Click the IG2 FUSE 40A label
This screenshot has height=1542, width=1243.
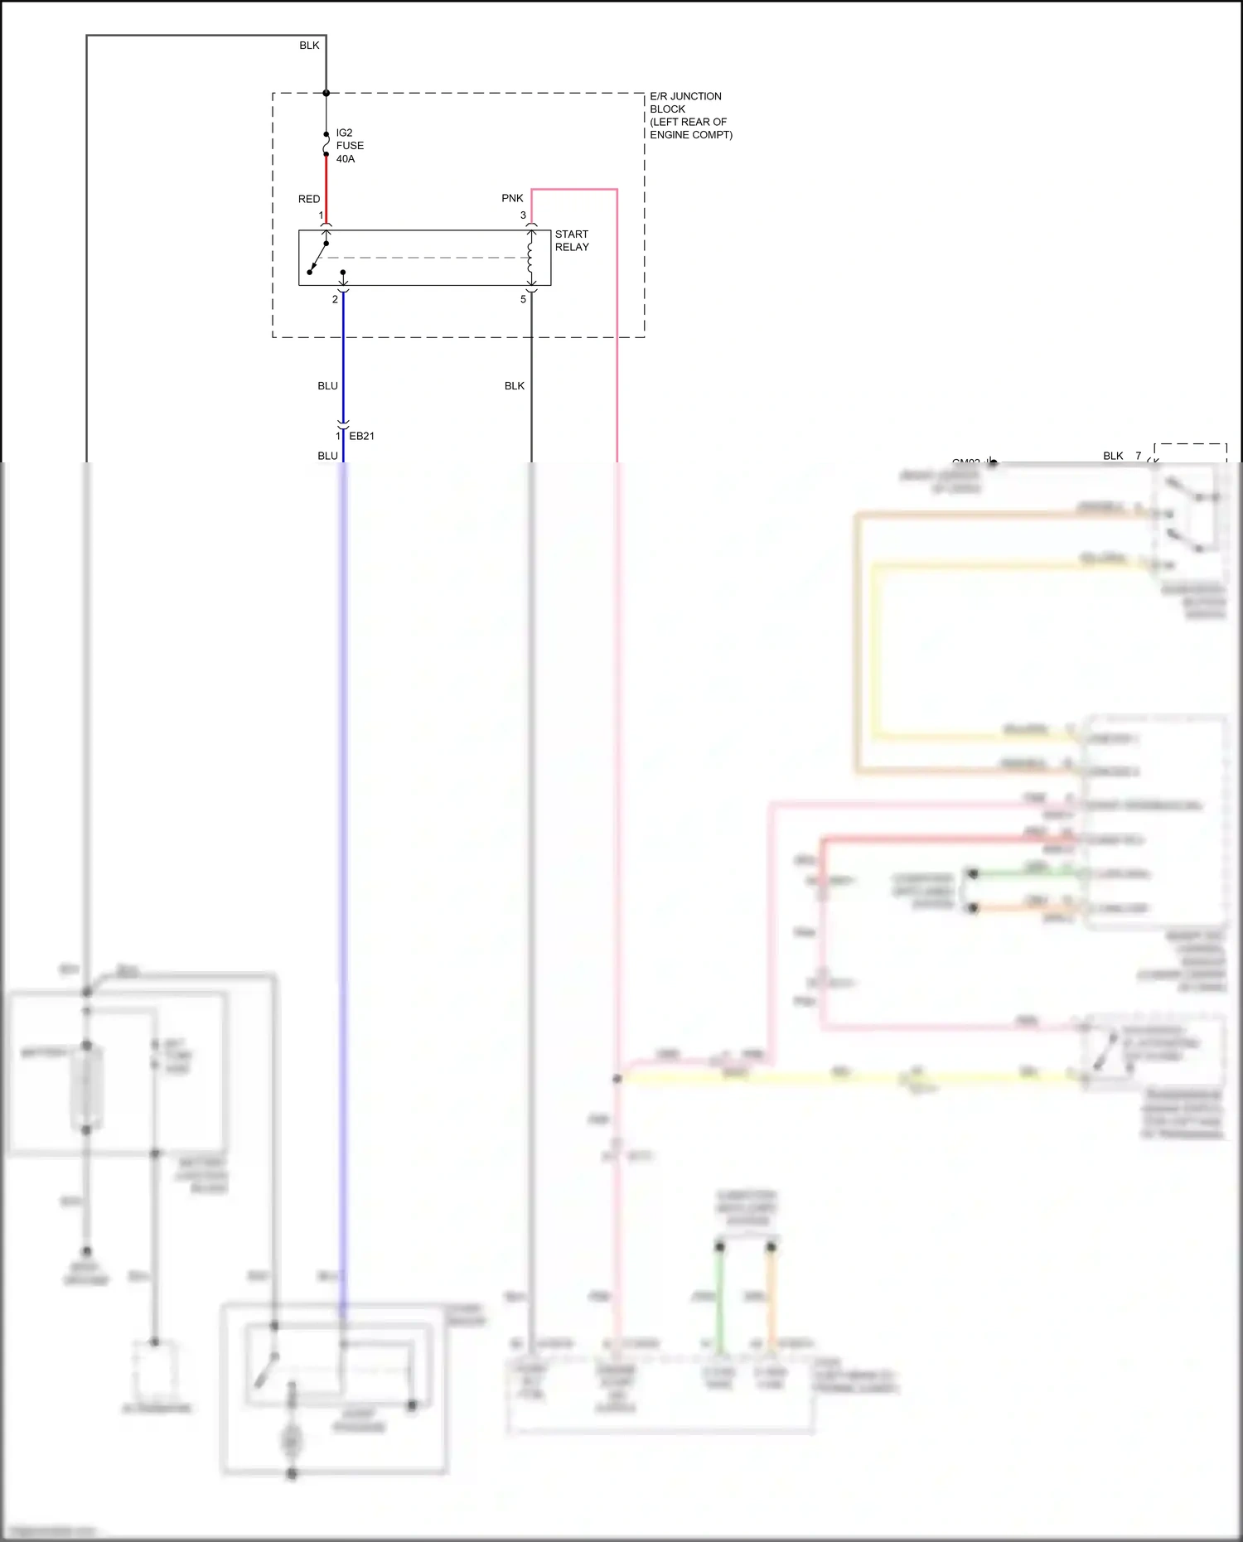[349, 146]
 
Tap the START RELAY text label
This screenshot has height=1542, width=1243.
[572, 240]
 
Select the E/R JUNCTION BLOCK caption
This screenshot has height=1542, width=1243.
[689, 115]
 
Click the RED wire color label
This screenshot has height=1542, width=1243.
[309, 199]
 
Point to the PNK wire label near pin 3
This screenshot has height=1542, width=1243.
[512, 198]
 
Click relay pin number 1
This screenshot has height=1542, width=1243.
[321, 215]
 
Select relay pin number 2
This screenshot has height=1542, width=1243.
[335, 299]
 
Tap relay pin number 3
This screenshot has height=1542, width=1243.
[523, 215]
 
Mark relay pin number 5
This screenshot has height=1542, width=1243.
[523, 299]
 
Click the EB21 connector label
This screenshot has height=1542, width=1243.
[361, 436]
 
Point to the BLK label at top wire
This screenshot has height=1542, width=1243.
[309, 46]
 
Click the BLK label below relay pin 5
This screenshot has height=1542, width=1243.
[515, 386]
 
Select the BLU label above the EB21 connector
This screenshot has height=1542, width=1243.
[327, 386]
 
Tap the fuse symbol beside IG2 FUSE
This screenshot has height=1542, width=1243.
[326, 144]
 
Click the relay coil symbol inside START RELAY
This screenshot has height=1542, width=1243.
[531, 257]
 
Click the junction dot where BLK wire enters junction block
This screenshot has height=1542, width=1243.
[326, 93]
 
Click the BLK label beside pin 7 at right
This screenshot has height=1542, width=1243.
[1113, 456]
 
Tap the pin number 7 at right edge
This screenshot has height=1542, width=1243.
[1139, 456]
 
